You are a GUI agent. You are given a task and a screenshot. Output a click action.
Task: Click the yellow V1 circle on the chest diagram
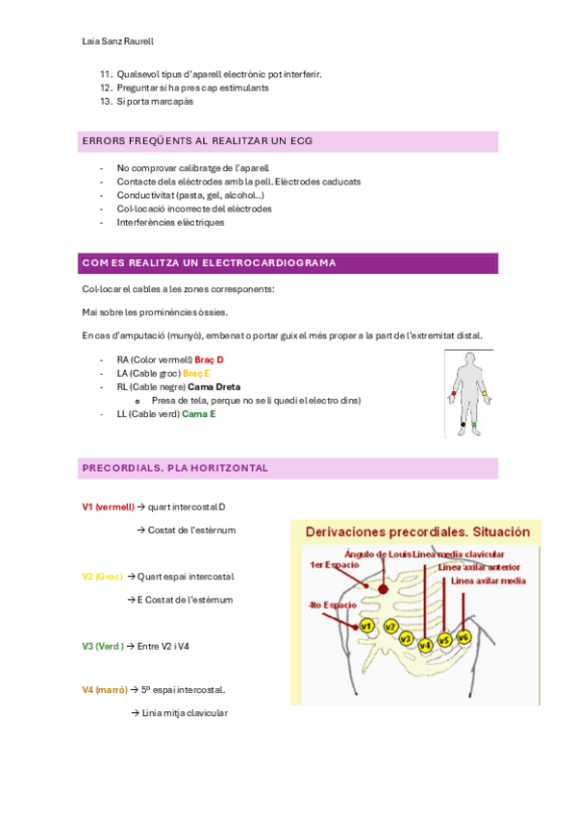point(367,626)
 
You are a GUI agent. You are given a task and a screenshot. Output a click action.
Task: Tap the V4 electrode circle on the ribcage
point(425,646)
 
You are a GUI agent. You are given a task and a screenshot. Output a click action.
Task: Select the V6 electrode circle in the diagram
point(463,636)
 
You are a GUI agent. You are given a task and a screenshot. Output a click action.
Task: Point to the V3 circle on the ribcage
point(406,639)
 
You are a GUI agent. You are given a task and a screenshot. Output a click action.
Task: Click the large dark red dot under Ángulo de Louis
point(383,589)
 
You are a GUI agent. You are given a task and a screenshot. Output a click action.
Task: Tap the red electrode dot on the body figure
point(453,393)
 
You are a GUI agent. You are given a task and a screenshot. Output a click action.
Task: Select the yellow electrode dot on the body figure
point(485,393)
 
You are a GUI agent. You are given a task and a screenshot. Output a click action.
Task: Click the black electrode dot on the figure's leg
point(463,425)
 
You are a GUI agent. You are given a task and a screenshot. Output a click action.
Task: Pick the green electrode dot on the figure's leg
point(473,425)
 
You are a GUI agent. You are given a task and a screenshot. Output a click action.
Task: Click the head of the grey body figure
point(470,358)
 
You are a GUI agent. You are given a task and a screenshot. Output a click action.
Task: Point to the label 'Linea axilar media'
point(488,580)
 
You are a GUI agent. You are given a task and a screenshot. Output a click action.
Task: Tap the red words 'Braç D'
point(209,359)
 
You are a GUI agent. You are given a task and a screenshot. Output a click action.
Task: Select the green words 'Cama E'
point(199,413)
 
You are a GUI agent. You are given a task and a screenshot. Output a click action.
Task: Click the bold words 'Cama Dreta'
point(214,386)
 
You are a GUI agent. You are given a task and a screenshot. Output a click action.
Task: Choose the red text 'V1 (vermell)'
point(108,506)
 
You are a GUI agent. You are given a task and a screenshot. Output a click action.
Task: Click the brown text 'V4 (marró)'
point(105,690)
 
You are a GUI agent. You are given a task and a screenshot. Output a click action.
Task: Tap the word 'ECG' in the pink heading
point(302,141)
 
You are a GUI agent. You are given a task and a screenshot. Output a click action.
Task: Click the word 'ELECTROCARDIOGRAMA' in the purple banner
point(268,263)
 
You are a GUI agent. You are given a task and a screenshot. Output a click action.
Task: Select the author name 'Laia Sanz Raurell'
point(118,41)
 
